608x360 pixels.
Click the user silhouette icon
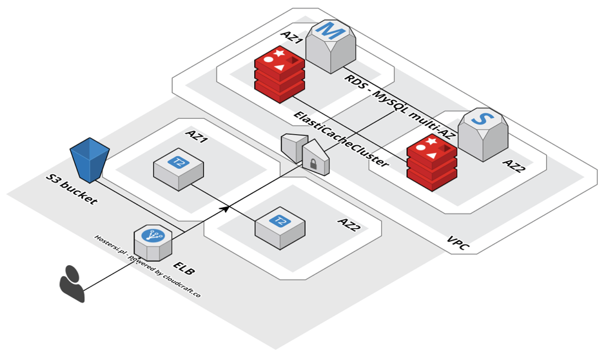[x=72, y=283]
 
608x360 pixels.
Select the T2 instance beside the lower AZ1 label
[x=178, y=169]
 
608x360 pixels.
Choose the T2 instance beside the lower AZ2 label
[x=280, y=226]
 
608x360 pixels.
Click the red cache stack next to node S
[x=431, y=163]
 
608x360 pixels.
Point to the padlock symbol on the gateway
[x=313, y=165]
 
